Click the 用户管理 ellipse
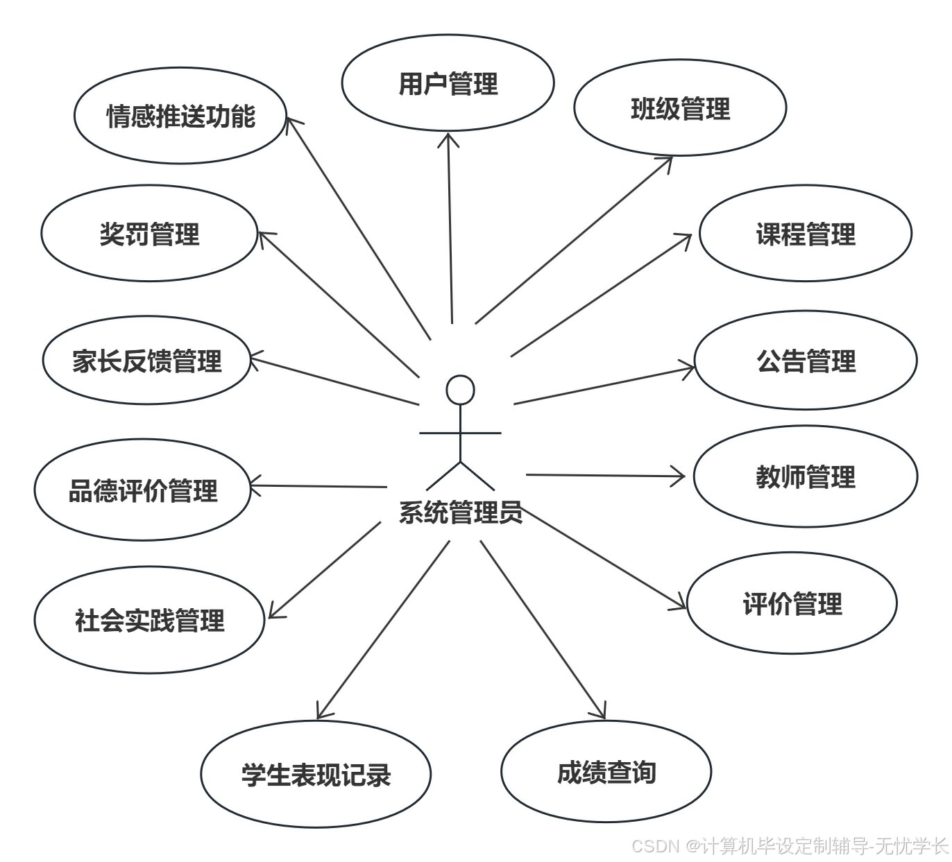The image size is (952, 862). [x=448, y=83]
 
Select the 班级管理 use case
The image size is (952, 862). [x=680, y=108]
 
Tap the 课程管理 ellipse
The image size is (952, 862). [x=805, y=234]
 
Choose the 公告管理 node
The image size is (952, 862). [x=805, y=361]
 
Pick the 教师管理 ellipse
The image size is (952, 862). [x=805, y=477]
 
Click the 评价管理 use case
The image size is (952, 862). [x=792, y=603]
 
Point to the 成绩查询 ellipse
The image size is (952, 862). [x=606, y=772]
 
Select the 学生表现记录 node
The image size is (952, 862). [x=316, y=774]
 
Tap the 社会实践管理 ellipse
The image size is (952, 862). [x=149, y=620]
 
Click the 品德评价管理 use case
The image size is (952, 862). [x=142, y=490]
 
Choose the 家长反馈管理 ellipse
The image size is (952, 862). [x=146, y=361]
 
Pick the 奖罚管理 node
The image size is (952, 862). [x=149, y=234]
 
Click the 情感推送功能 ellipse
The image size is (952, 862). [x=180, y=116]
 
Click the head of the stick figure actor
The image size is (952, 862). [x=460, y=390]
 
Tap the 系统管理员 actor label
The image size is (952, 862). [x=460, y=512]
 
